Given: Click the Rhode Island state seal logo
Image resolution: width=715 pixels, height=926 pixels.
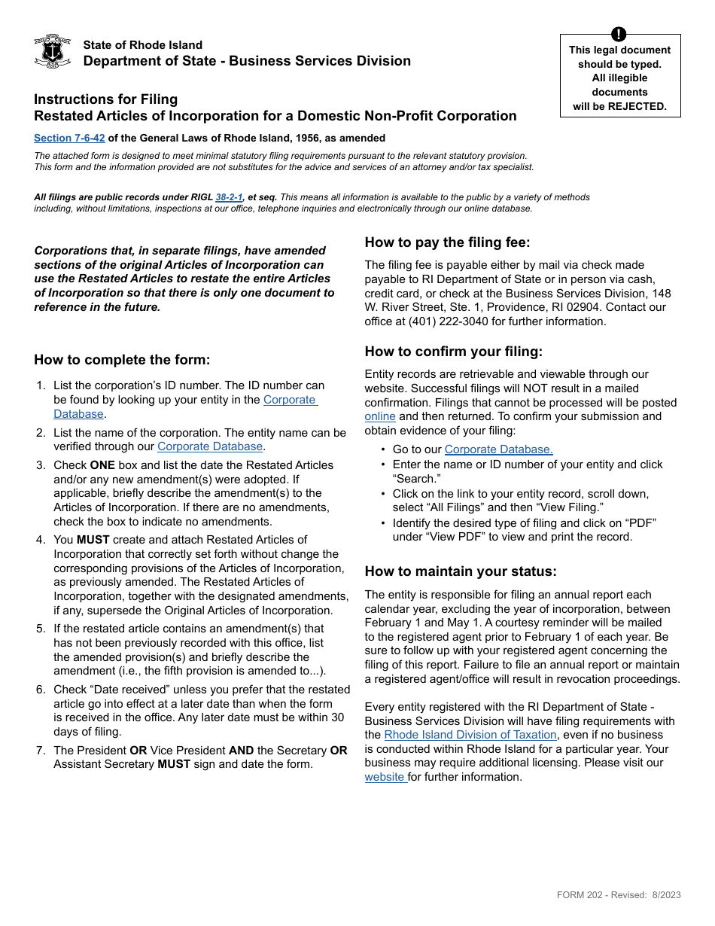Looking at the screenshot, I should pos(53,51).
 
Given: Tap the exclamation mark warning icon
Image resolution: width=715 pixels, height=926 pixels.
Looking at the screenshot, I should pos(619,34).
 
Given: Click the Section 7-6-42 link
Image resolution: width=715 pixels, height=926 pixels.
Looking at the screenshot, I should pos(69,138).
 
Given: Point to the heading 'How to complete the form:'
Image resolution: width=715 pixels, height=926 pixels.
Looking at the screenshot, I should pos(122,360).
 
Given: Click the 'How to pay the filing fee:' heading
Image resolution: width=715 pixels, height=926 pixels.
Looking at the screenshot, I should pos(447,242).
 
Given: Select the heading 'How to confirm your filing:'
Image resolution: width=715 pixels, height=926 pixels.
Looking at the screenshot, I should pos(453,352).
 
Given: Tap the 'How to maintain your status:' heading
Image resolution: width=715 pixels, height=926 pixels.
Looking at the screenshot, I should pos(461,571).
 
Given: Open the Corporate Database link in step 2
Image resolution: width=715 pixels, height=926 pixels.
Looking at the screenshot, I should pos(210,446).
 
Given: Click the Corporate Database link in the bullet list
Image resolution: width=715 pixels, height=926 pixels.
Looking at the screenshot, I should pos(498,449).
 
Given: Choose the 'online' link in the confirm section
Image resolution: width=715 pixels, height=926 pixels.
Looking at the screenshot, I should pos(380,416).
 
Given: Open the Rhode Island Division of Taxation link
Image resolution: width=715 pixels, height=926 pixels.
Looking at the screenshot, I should pos(470,735).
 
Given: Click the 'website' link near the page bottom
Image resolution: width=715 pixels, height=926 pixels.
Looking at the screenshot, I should pos(385,777).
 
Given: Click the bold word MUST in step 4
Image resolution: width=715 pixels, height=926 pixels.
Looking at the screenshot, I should pos(93,540).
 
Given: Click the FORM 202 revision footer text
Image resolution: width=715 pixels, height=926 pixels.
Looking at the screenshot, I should pos(619,895).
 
